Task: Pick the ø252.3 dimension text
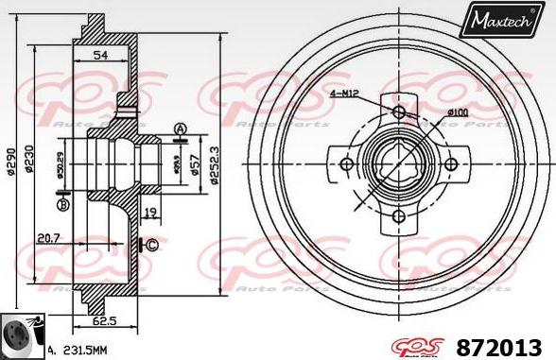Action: click(215, 166)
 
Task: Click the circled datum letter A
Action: click(180, 129)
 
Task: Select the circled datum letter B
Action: click(64, 204)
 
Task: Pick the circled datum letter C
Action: click(151, 246)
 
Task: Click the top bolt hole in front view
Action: click(399, 113)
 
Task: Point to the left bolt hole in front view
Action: click(347, 165)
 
